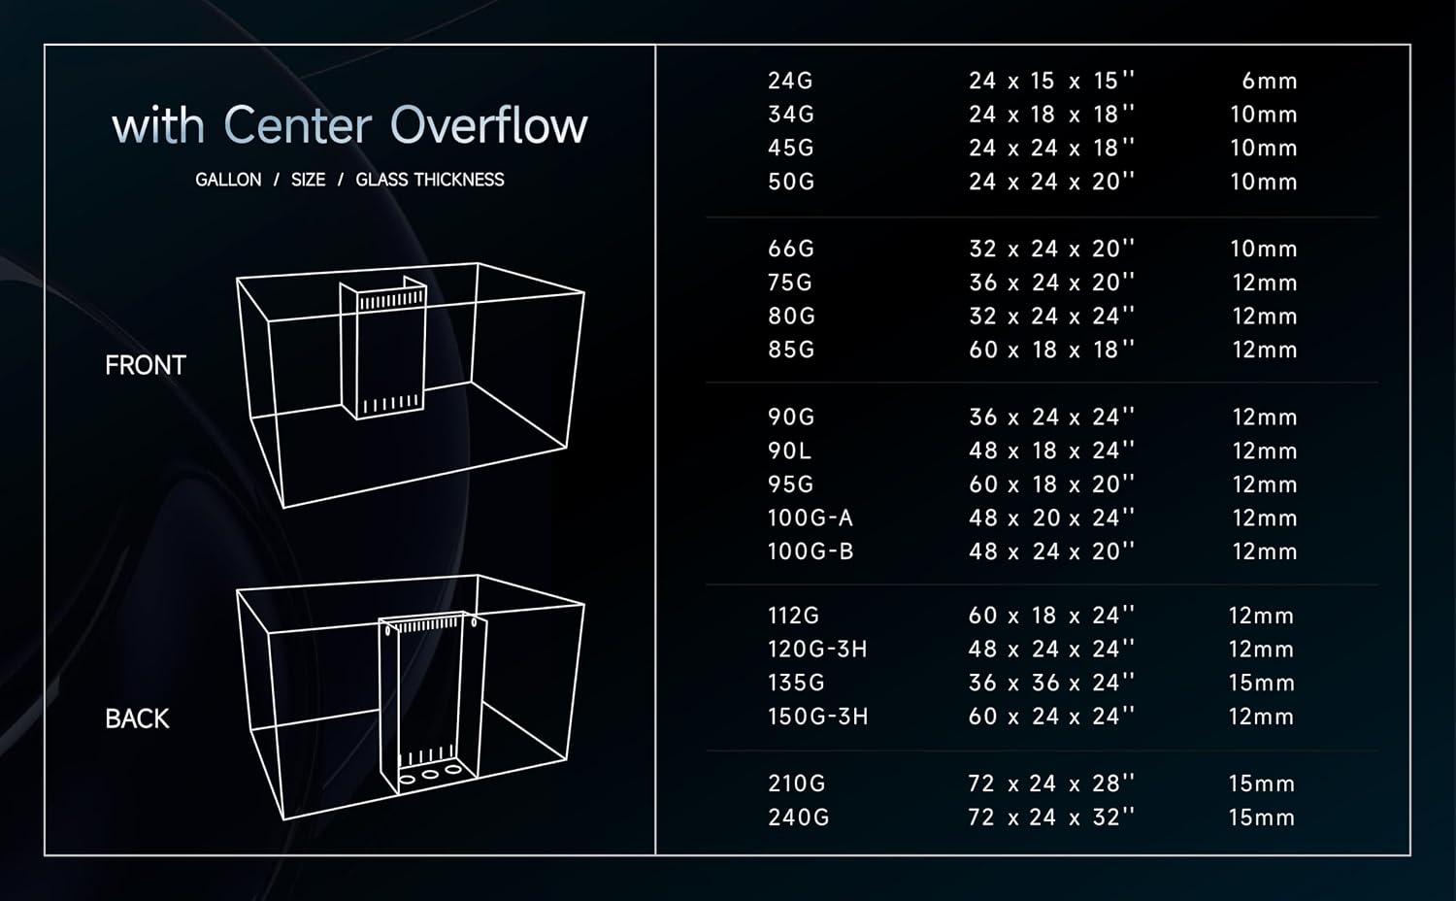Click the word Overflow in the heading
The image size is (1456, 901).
(489, 124)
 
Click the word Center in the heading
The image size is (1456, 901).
(298, 124)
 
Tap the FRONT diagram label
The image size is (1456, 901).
(146, 365)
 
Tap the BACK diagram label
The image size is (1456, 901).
(137, 719)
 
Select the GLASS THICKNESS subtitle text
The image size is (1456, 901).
(430, 180)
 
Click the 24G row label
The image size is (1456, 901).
(790, 81)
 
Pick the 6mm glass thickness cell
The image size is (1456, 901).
(1270, 82)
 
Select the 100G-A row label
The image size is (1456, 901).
(810, 518)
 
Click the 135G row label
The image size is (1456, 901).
(796, 683)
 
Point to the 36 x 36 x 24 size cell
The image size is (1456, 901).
(1051, 683)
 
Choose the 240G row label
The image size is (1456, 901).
(798, 818)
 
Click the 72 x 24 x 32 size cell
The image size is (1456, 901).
(1051, 817)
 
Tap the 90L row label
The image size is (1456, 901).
(789, 450)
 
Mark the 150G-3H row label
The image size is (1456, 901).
(817, 717)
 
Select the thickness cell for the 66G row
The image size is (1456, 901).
(1264, 249)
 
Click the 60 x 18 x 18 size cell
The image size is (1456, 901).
(1051, 350)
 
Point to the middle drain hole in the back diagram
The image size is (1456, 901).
(430, 774)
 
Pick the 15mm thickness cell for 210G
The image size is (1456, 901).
(1262, 784)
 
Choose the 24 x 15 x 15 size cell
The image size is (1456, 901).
(1051, 81)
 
